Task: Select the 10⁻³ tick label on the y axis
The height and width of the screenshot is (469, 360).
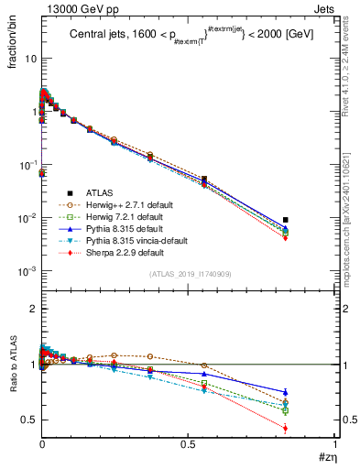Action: [x=27, y=272]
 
